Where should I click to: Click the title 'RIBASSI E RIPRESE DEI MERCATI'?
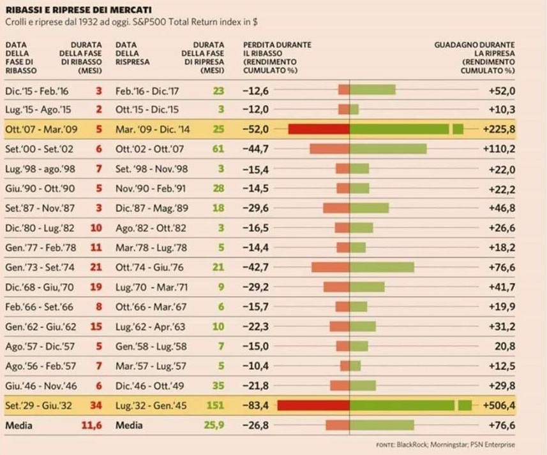click(x=79, y=10)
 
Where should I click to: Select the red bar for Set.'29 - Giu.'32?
click(x=313, y=405)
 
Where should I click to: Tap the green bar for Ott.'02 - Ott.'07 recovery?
click(x=388, y=148)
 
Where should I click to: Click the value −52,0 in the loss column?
click(x=256, y=129)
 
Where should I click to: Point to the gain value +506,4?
click(x=499, y=405)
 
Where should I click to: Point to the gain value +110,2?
click(x=499, y=148)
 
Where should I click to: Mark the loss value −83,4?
click(x=256, y=405)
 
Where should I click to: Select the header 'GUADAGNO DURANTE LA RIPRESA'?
click(x=474, y=58)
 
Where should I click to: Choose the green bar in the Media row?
click(x=382, y=425)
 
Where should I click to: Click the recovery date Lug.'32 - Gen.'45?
click(x=146, y=405)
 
